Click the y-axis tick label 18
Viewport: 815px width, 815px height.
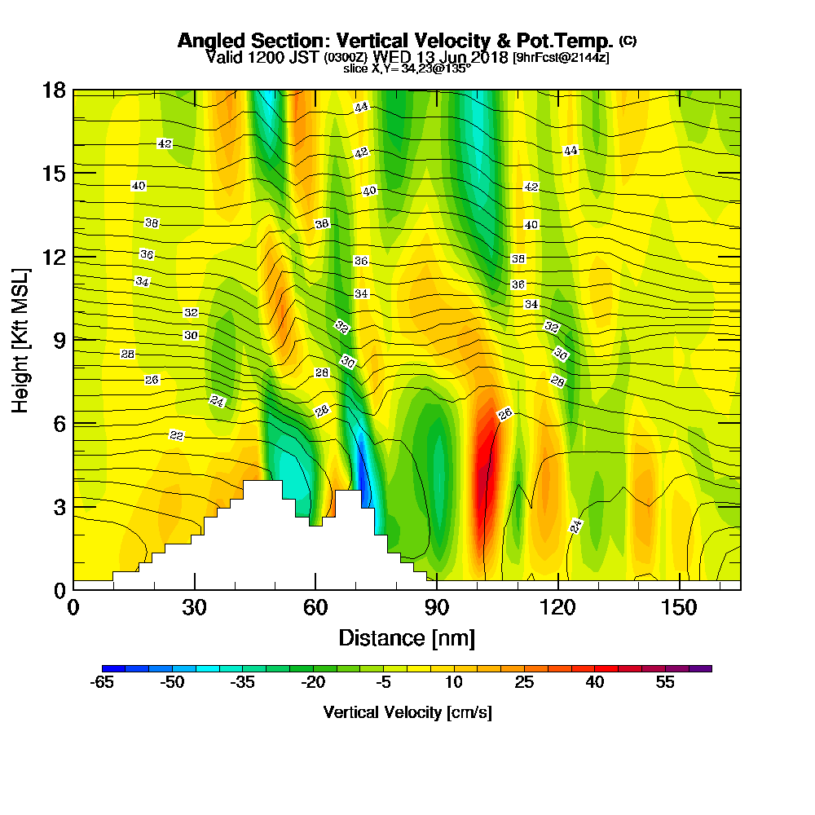click(54, 90)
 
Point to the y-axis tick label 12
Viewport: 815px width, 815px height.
click(54, 256)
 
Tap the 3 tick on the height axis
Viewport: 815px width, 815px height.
click(59, 506)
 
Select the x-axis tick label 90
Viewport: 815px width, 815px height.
click(437, 608)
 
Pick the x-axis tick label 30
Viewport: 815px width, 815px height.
click(194, 608)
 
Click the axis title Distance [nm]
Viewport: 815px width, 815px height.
click(407, 637)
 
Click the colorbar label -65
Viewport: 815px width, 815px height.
click(102, 683)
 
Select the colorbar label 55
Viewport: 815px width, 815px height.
click(665, 683)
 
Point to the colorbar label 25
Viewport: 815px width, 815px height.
click(524, 683)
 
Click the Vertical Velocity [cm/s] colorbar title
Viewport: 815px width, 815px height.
click(407, 712)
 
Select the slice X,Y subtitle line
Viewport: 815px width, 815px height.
click(407, 69)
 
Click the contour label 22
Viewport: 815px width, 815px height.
click(176, 435)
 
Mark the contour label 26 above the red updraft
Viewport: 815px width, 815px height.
click(504, 414)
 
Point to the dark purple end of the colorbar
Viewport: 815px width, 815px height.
click(701, 668)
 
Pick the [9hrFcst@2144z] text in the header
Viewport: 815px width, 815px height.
click(560, 58)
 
